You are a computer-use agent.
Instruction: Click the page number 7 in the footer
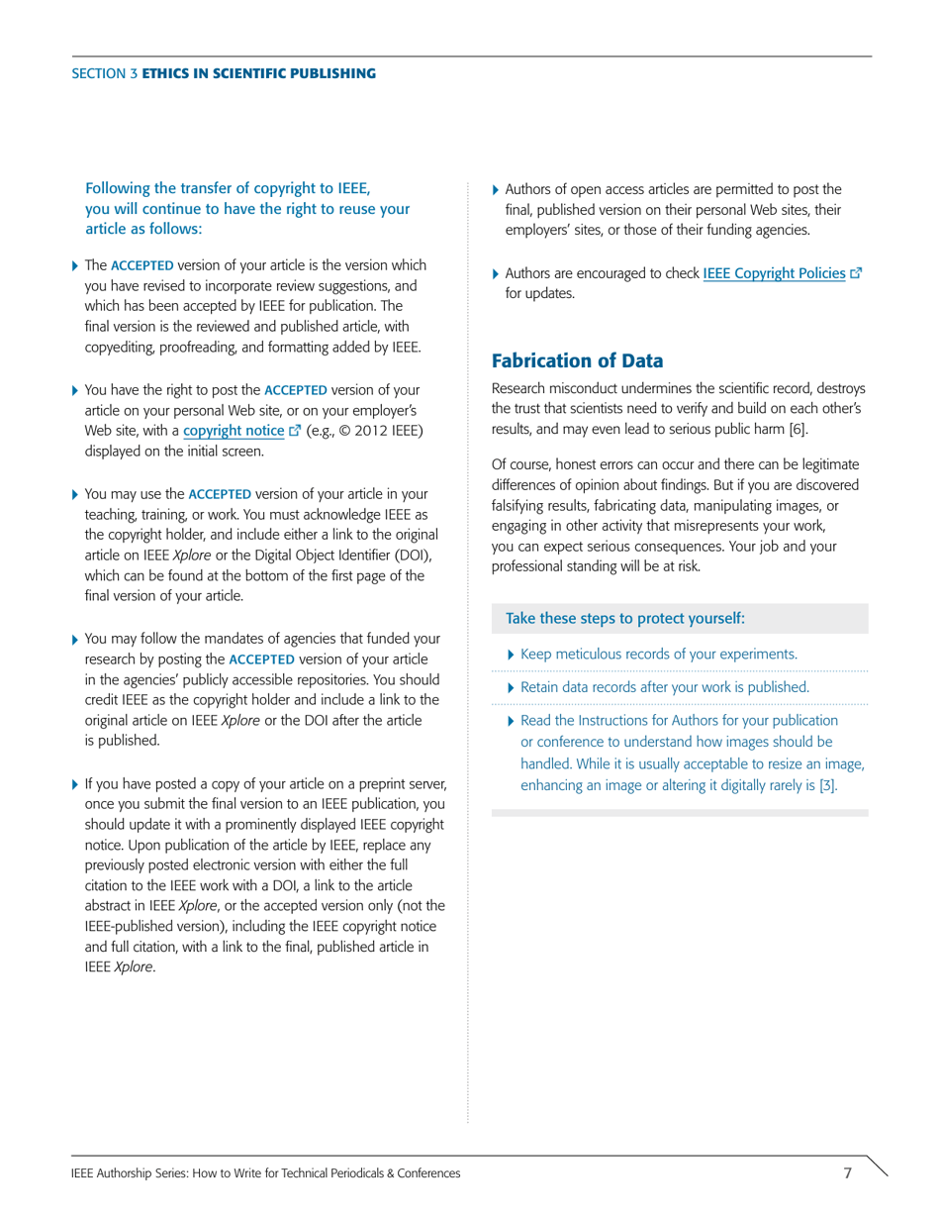coord(847,1172)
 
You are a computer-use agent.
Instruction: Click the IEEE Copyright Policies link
coord(774,272)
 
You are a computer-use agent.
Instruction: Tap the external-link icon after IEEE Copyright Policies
coord(856,272)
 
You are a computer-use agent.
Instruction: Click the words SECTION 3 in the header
coord(104,73)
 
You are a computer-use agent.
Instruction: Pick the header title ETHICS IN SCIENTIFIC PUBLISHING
coord(258,73)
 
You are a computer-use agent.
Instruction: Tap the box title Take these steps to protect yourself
coord(624,619)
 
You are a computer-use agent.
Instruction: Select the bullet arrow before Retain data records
coord(511,687)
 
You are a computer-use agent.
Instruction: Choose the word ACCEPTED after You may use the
coord(220,493)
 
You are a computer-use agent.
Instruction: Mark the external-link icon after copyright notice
coord(294,431)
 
